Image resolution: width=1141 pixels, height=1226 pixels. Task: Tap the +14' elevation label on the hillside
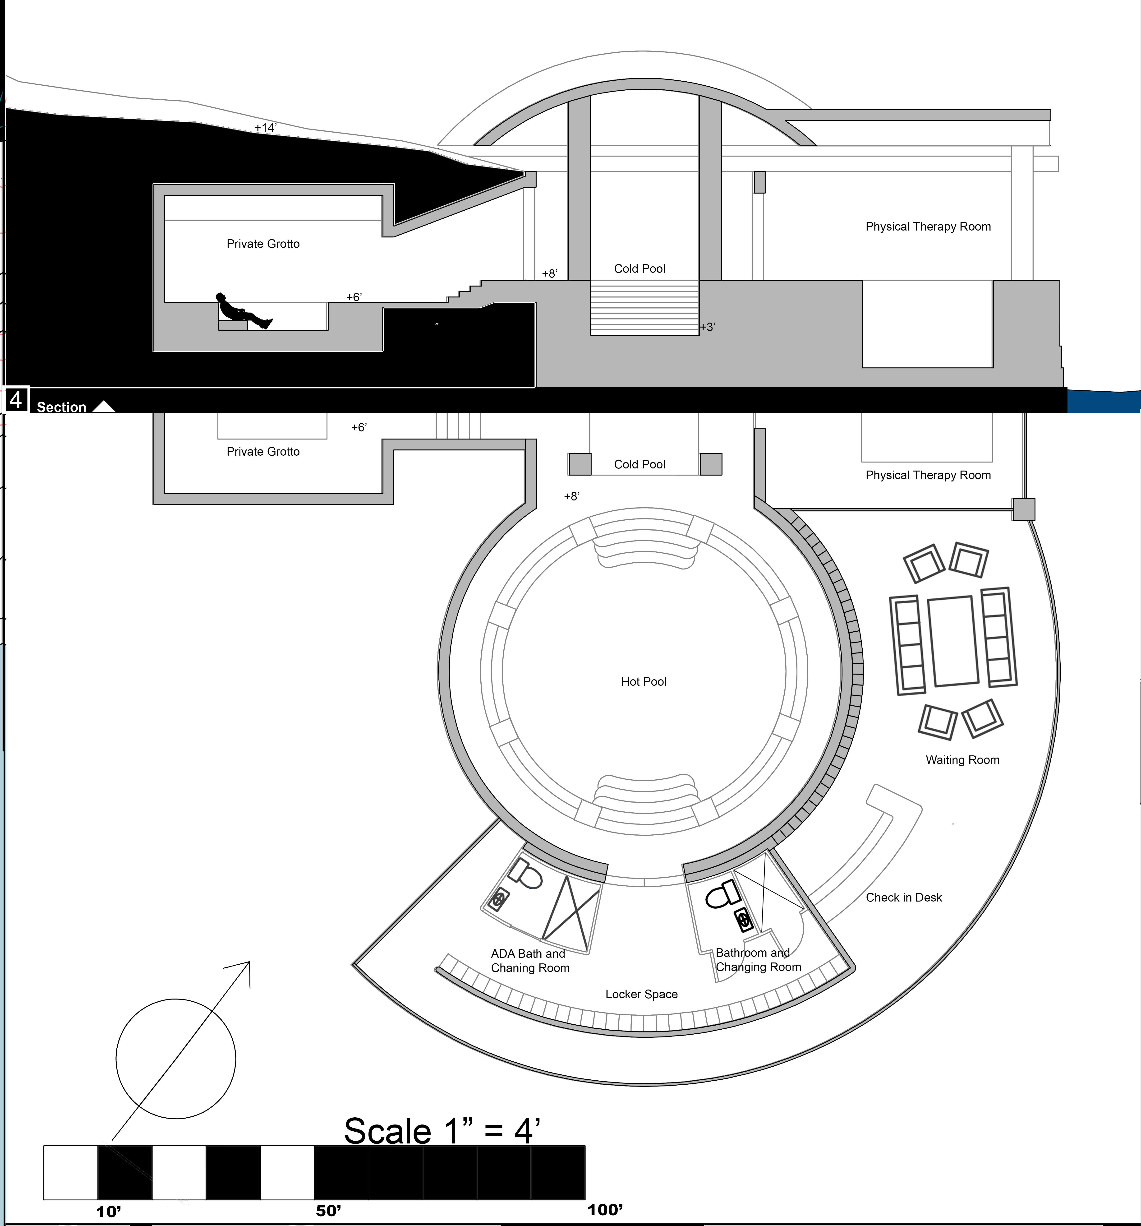point(266,128)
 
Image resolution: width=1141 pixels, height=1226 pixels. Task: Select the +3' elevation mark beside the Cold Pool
point(708,327)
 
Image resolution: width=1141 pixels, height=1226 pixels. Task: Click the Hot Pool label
point(644,681)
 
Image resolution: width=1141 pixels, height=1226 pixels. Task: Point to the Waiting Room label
point(962,760)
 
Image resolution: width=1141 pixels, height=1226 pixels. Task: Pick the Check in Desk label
point(904,897)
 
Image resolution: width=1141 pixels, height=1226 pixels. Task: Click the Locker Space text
point(641,994)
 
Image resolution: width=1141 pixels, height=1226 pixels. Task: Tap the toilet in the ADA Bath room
point(525,873)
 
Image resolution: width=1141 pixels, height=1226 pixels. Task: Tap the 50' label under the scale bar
point(329,1211)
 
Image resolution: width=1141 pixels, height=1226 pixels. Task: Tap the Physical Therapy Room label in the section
point(928,226)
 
